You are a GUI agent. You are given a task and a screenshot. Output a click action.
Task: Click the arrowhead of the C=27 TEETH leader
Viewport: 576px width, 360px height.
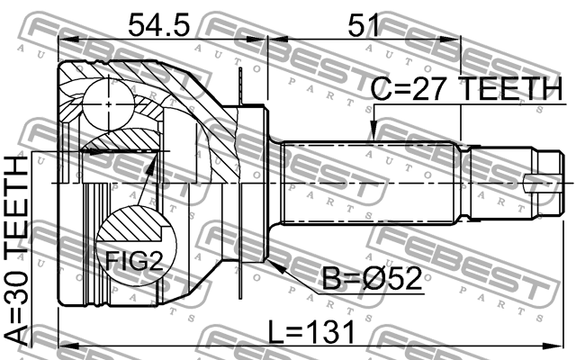pos(370,138)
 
